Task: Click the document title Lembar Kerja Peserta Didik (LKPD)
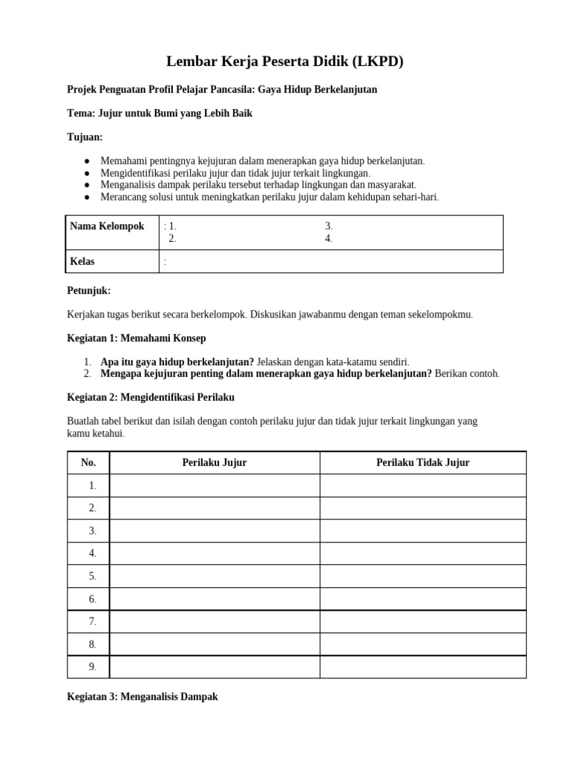(x=284, y=62)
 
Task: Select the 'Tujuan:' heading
(x=85, y=137)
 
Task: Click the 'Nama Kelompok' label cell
(x=107, y=226)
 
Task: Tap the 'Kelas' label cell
(x=82, y=261)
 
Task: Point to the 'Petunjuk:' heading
(x=88, y=291)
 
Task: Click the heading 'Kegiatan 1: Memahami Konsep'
(x=137, y=338)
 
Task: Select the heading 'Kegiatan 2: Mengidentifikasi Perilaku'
(x=151, y=397)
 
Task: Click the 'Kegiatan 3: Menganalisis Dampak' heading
(x=142, y=698)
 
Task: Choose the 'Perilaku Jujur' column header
(x=214, y=462)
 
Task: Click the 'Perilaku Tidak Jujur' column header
(x=422, y=462)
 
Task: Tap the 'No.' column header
(x=88, y=462)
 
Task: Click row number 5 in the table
(x=92, y=576)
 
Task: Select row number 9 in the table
(x=92, y=666)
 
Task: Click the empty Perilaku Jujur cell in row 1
(x=214, y=485)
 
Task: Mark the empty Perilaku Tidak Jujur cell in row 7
(x=422, y=621)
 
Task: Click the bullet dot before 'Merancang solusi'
(x=87, y=197)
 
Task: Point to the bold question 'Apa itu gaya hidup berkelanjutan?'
(x=177, y=361)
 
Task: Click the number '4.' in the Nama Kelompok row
(x=328, y=238)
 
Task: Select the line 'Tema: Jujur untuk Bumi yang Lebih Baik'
(x=160, y=114)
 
